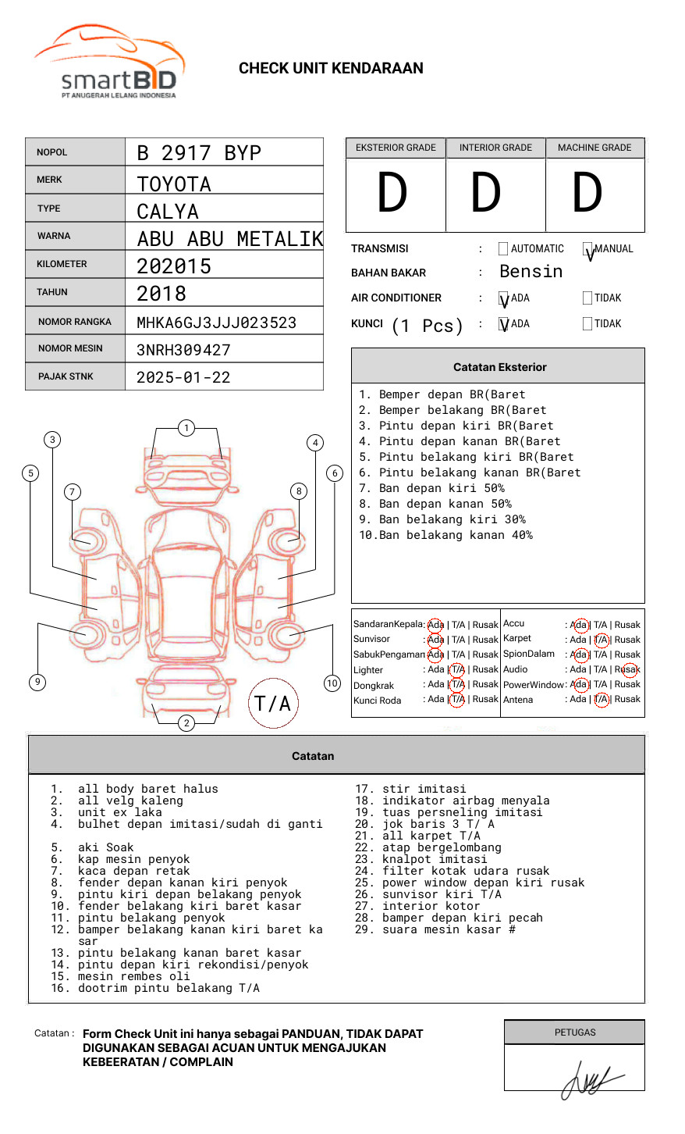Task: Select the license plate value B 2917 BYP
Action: pyautogui.click(x=198, y=153)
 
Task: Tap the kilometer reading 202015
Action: pyautogui.click(x=173, y=266)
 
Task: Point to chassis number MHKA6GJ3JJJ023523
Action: pyautogui.click(x=216, y=323)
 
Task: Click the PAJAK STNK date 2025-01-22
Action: pyautogui.click(x=183, y=378)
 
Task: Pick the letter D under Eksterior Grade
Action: pyautogui.click(x=392, y=194)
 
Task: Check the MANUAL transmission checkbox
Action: pyautogui.click(x=587, y=249)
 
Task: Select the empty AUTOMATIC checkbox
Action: pyautogui.click(x=503, y=249)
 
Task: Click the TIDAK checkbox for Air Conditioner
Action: pyautogui.click(x=587, y=298)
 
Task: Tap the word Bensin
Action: pyautogui.click(x=531, y=272)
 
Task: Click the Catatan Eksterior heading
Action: pyautogui.click(x=499, y=367)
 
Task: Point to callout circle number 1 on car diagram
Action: pyautogui.click(x=186, y=428)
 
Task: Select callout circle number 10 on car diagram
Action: pyautogui.click(x=332, y=683)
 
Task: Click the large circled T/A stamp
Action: pyautogui.click(x=272, y=704)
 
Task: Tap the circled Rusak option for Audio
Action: pyautogui.click(x=628, y=669)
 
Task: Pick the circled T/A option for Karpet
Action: pyautogui.click(x=601, y=640)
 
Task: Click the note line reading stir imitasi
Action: pyautogui.click(x=424, y=790)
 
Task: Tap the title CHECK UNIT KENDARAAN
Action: pyautogui.click(x=331, y=69)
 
